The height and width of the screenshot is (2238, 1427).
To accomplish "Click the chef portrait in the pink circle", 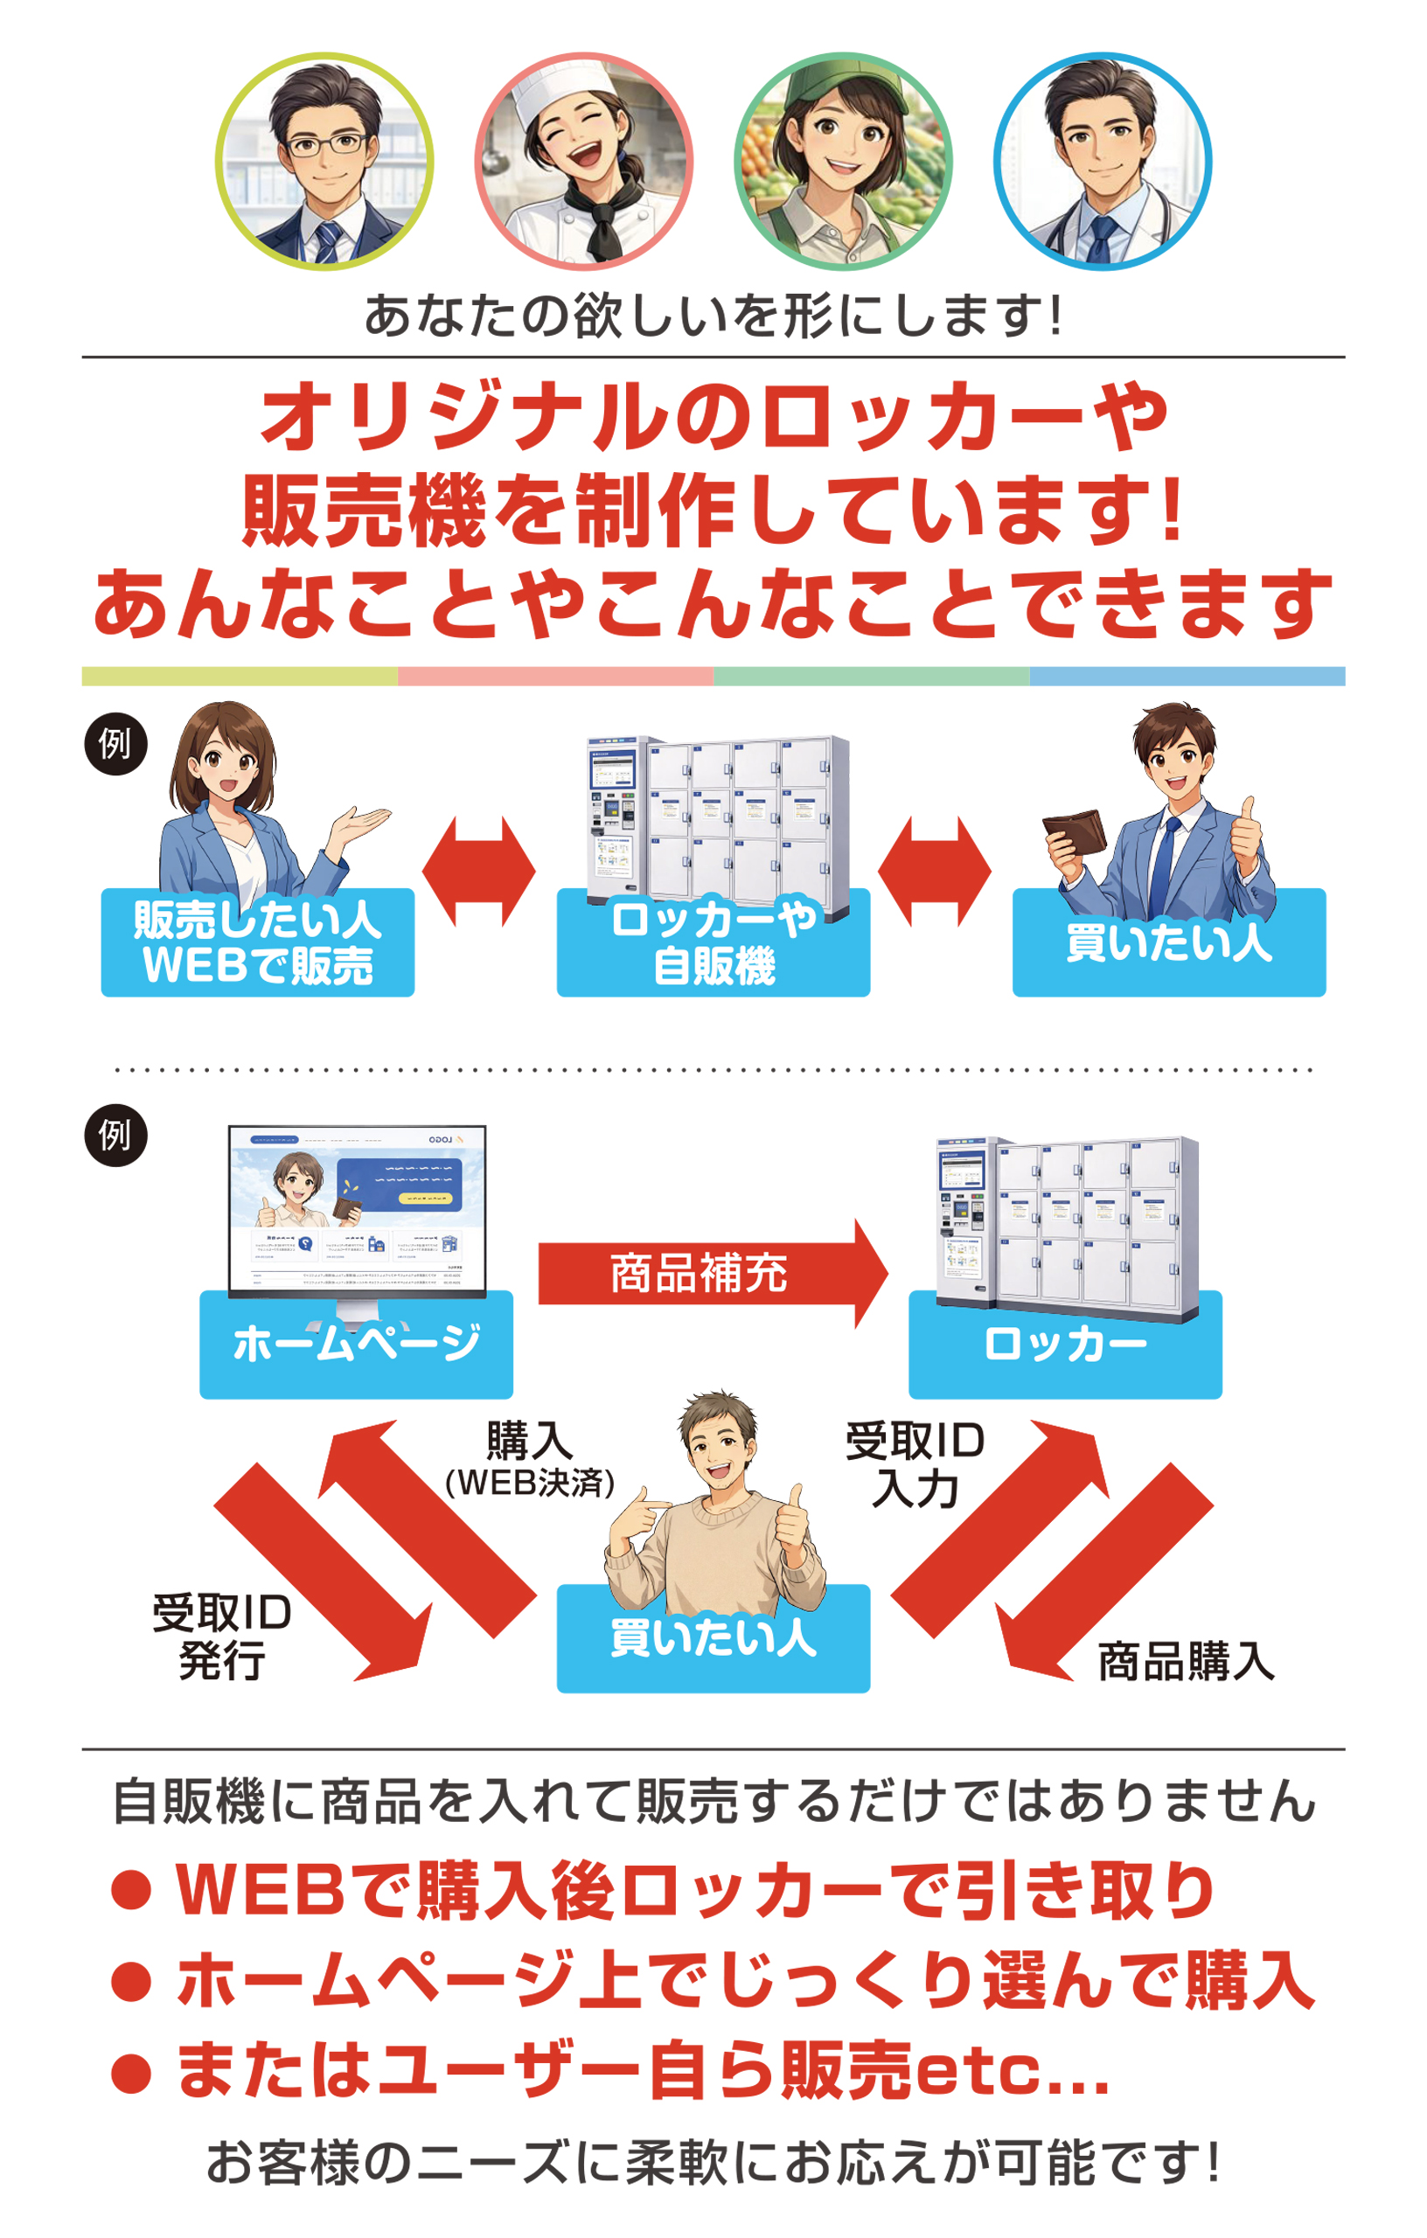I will [x=584, y=161].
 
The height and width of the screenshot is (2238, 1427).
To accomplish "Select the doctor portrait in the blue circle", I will [x=1103, y=161].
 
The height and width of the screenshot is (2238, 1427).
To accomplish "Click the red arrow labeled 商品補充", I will [x=711, y=1273].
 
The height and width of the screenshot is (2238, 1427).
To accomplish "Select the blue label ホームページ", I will [x=356, y=1345].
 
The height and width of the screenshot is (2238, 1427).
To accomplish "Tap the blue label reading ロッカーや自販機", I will [x=713, y=943].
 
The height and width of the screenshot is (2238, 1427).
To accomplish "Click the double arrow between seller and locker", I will [x=479, y=871].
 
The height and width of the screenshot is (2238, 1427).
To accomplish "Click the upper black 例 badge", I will [x=115, y=743].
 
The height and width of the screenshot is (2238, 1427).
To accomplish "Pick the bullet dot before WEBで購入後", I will [x=131, y=1890].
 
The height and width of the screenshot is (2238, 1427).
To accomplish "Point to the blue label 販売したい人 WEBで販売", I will [x=258, y=943].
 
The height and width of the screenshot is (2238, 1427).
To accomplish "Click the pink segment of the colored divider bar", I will [x=555, y=676].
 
